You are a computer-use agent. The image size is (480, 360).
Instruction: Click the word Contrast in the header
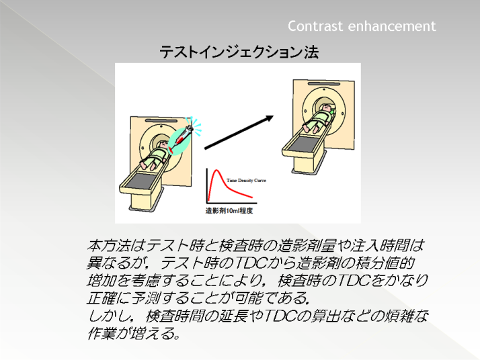pyautogui.click(x=315, y=26)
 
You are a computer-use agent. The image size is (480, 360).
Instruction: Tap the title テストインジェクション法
pyautogui.click(x=239, y=52)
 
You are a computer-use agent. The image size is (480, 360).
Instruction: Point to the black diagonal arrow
pyautogui.click(x=239, y=132)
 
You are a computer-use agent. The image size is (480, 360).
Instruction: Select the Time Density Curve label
pyautogui.click(x=247, y=181)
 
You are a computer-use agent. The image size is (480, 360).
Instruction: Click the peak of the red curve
pyautogui.click(x=216, y=170)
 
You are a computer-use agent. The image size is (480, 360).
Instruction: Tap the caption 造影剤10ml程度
pyautogui.click(x=229, y=211)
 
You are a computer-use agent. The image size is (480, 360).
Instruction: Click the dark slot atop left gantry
pyautogui.click(x=161, y=121)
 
